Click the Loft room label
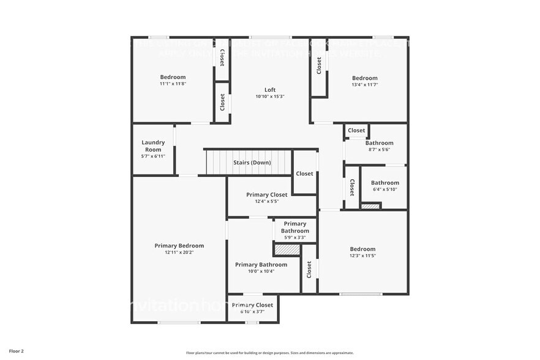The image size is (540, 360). [270, 89]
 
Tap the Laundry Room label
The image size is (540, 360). [153, 146]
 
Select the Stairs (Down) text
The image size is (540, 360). [252, 163]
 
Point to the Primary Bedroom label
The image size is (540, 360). [179, 246]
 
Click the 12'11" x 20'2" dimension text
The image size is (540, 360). [179, 252]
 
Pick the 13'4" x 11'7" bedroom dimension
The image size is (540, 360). [364, 84]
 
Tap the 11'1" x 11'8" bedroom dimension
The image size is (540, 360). [173, 83]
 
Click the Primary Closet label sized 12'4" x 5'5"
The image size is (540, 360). [266, 195]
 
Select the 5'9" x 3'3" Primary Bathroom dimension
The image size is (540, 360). [295, 238]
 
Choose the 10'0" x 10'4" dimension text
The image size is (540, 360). [261, 271]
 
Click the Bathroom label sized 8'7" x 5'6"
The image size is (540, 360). [379, 143]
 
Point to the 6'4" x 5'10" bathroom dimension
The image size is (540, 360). [384, 189]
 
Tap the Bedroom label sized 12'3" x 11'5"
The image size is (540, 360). [362, 249]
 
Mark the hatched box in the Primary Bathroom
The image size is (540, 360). [287, 250]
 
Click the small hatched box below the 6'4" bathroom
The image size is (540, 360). [370, 206]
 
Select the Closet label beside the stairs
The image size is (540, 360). [304, 173]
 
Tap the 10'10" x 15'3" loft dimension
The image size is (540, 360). [270, 96]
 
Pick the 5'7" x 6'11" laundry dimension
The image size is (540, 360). [153, 156]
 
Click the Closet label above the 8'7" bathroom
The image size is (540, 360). [356, 130]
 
